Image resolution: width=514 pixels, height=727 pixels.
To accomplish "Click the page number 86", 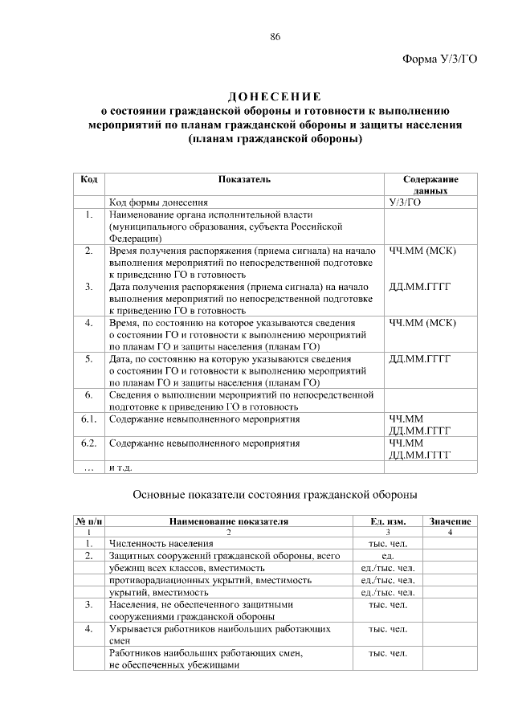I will pyautogui.click(x=275, y=38).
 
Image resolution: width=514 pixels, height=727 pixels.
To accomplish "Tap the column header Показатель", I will pyautogui.click(x=244, y=179).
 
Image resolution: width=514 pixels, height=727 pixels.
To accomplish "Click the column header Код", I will pyautogui.click(x=90, y=179).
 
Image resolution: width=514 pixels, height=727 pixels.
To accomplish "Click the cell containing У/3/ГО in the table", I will pyautogui.click(x=405, y=203).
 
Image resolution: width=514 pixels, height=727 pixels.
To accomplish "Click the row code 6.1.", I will pyautogui.click(x=90, y=419).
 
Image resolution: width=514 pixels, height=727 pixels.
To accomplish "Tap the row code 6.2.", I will pyautogui.click(x=90, y=443).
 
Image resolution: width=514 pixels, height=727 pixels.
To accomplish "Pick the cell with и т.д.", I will pyautogui.click(x=120, y=468).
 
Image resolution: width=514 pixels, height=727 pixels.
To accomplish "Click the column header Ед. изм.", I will pyautogui.click(x=388, y=521).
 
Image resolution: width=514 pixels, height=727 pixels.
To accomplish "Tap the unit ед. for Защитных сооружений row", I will pyautogui.click(x=388, y=555).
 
